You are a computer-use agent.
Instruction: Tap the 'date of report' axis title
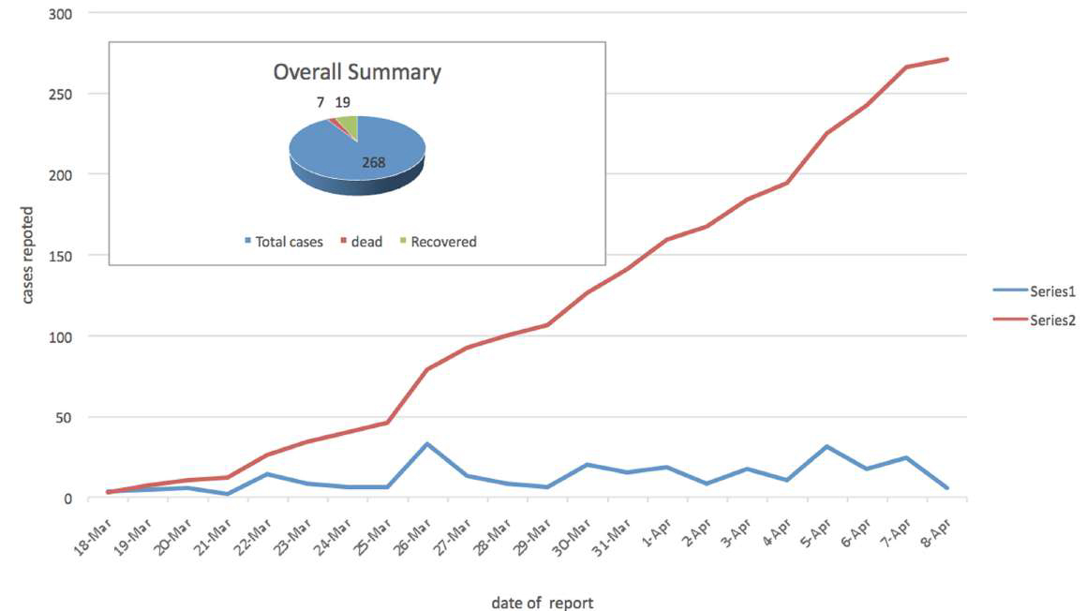click(542, 603)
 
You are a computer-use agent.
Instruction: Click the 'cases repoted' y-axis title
click(28, 255)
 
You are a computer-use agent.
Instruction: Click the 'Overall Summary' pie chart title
click(357, 72)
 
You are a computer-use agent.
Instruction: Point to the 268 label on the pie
click(373, 162)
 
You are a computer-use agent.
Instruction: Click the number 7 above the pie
click(320, 102)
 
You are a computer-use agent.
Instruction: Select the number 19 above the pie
click(343, 102)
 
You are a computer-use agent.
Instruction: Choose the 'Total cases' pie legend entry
click(289, 242)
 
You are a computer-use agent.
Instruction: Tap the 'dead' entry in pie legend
click(366, 242)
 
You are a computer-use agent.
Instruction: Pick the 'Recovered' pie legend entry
click(443, 242)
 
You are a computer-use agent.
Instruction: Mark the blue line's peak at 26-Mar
click(427, 444)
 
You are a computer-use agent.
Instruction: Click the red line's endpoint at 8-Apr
click(947, 59)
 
